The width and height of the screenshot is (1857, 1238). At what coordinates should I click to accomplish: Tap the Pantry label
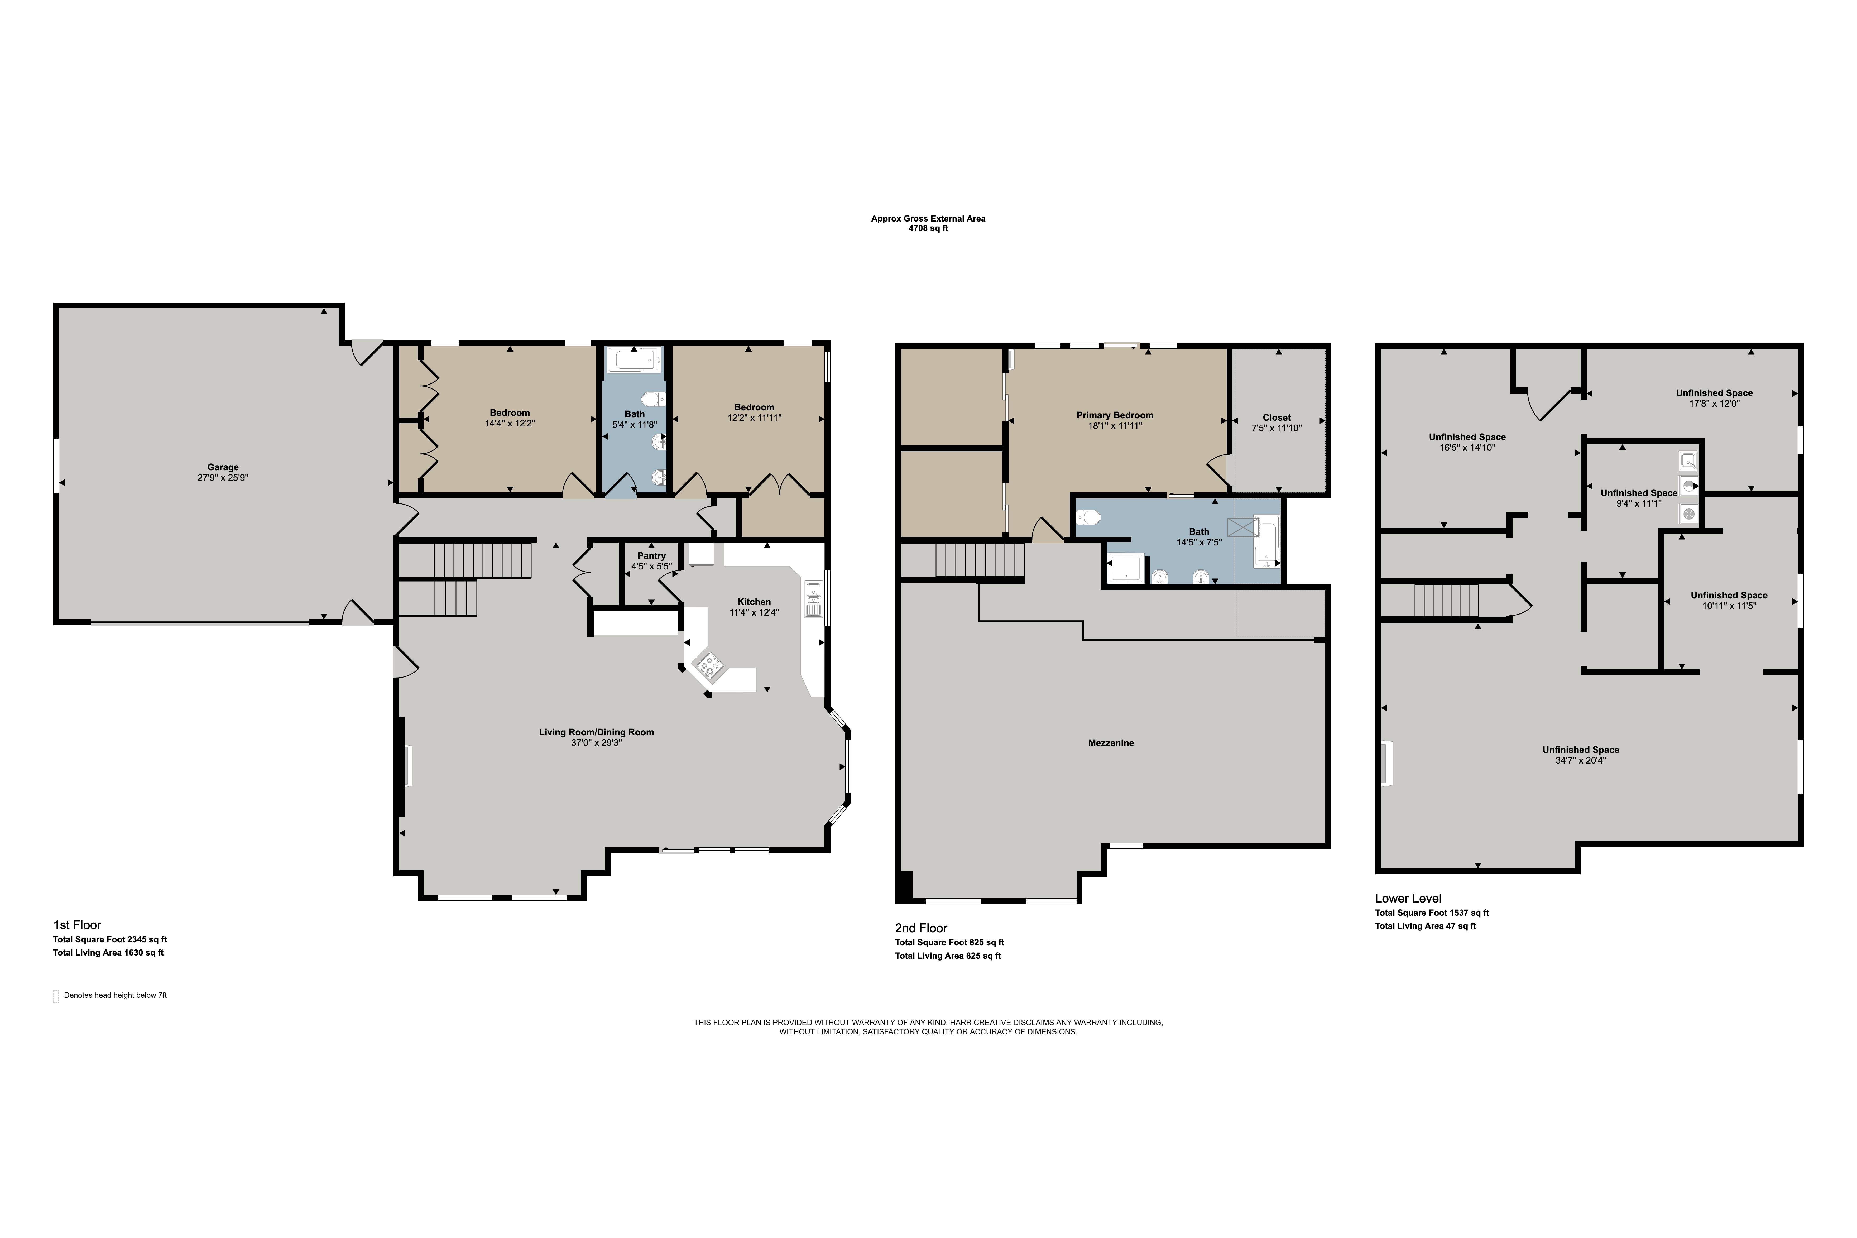tap(651, 556)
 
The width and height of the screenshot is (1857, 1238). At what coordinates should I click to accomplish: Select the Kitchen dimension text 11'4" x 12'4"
tap(754, 612)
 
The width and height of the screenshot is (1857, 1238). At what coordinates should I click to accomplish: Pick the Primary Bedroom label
tap(1115, 415)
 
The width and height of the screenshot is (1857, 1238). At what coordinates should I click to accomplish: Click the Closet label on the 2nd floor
tap(1277, 418)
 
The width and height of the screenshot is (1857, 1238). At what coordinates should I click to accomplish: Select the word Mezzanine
tap(1111, 743)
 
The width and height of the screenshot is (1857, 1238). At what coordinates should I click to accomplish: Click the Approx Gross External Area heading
tap(928, 219)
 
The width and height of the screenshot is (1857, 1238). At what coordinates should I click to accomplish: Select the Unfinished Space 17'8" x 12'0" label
tap(1714, 398)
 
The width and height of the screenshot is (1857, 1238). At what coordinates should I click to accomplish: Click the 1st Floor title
tap(77, 925)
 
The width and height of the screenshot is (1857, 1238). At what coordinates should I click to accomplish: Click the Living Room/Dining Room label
tap(597, 732)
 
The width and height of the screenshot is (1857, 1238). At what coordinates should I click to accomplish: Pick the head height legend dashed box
tap(56, 996)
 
